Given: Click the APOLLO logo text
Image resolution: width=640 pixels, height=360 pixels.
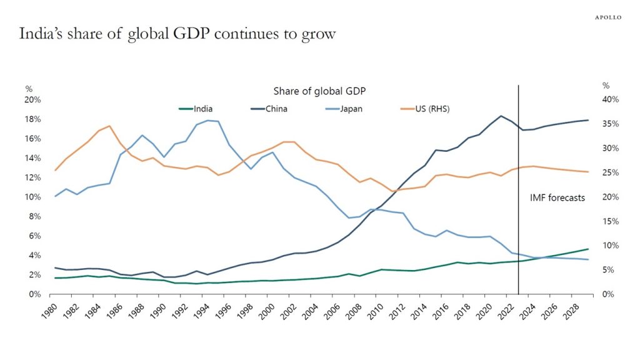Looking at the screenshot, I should pyautogui.click(x=607, y=17).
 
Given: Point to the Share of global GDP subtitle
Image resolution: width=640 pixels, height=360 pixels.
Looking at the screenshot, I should pyautogui.click(x=319, y=91).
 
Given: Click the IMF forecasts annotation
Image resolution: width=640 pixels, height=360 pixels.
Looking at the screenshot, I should pyautogui.click(x=554, y=197).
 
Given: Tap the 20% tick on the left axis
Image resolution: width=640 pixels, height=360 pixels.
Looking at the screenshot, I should pyautogui.click(x=33, y=99).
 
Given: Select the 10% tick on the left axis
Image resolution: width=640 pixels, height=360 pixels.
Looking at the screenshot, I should pyautogui.click(x=33, y=197).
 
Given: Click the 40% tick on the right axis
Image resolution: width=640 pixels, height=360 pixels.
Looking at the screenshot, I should pyautogui.click(x=610, y=99).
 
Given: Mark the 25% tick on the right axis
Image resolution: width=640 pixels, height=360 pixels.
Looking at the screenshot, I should pyautogui.click(x=610, y=172).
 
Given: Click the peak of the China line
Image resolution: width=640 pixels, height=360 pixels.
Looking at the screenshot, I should pyautogui.click(x=501, y=116).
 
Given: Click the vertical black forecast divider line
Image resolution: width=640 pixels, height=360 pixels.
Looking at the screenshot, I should pyautogui.click(x=519, y=187).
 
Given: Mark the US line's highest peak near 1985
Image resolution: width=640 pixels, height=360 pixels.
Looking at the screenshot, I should pyautogui.click(x=109, y=126).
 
